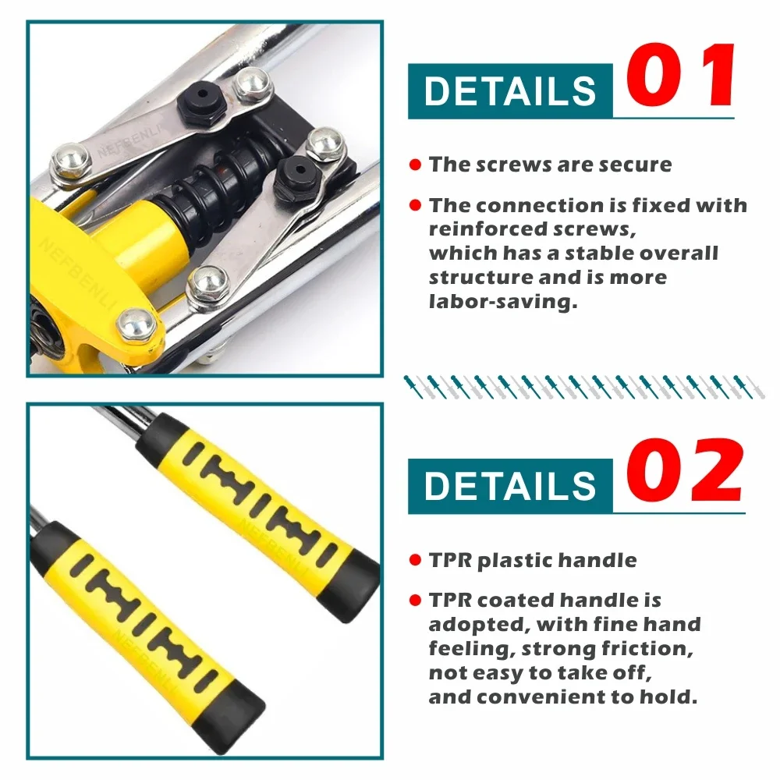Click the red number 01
click(680, 75)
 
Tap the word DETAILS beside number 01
click(510, 90)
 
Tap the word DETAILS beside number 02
click(510, 485)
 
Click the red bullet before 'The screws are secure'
click(415, 164)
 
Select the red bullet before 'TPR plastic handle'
click(415, 560)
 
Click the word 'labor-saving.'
click(503, 301)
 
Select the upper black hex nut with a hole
click(200, 102)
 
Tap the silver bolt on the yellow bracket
click(136, 326)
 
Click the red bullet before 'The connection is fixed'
click(415, 205)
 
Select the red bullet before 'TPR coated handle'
click(415, 600)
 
